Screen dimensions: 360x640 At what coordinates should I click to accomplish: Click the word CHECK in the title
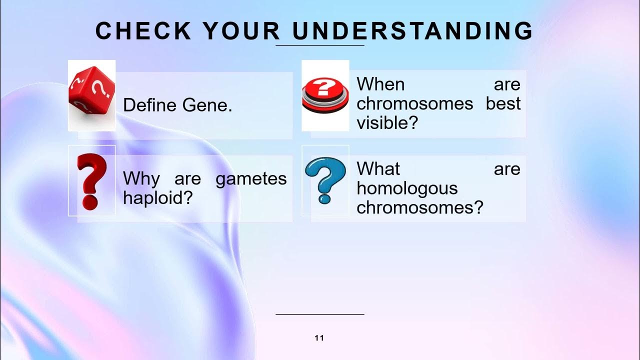coord(143,31)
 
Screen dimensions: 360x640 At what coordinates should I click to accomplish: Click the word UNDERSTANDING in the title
coord(413,31)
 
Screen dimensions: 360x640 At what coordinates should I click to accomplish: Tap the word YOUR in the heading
coord(241,31)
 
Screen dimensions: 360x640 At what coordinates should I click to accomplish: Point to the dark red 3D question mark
coord(92,181)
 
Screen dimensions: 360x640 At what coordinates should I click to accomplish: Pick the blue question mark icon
coord(325,180)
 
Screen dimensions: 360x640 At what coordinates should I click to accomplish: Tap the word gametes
coord(251,179)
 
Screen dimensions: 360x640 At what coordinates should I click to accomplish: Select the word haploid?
coord(158,198)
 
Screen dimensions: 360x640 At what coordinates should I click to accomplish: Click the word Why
coord(141,178)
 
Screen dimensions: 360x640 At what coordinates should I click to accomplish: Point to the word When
coord(380,84)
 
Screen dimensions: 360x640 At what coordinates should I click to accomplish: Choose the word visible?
coord(386,122)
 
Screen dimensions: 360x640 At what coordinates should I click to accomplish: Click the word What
coord(379,169)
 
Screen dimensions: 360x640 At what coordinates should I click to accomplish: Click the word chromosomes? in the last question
coord(420,207)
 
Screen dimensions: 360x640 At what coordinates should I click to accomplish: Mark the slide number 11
coord(319,338)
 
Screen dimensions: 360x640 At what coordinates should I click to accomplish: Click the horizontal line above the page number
coord(320,314)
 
